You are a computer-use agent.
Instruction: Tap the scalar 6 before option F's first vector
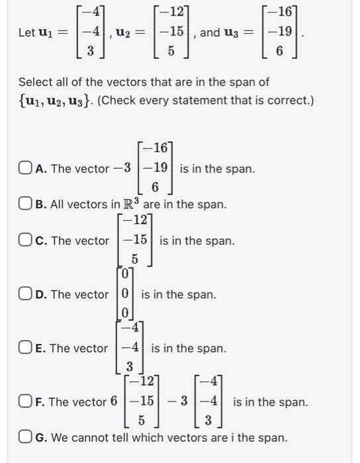tap(114, 401)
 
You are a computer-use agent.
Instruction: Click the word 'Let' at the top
tap(27, 32)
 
